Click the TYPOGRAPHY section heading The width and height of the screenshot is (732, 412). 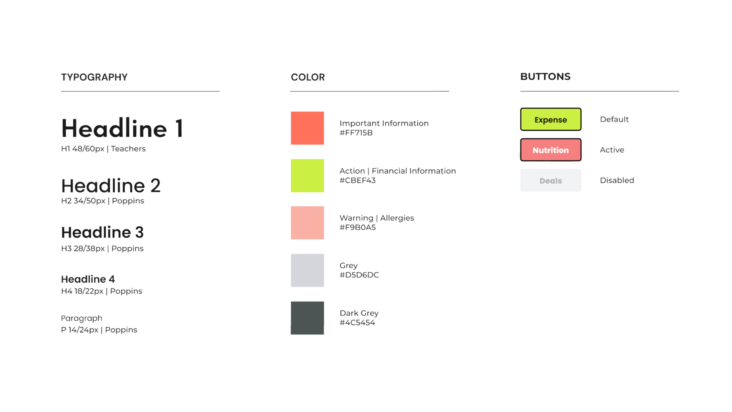[x=94, y=77]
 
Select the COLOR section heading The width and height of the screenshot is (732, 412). [x=307, y=77]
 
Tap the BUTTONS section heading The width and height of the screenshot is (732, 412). [x=545, y=76]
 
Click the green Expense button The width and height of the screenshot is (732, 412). [x=550, y=119]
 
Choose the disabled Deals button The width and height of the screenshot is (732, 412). [x=550, y=180]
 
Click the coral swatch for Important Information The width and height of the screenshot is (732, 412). [x=307, y=128]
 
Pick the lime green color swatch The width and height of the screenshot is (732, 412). [x=307, y=175]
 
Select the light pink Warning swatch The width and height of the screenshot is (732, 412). [x=307, y=223]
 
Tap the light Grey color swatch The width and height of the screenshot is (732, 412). [x=307, y=270]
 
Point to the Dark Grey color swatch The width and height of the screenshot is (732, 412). [x=307, y=318]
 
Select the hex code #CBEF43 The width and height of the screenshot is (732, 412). [x=357, y=180]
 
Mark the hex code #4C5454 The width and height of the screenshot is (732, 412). [x=357, y=322]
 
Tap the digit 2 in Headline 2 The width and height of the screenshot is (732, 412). [x=155, y=186]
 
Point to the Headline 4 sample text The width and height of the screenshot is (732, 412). [x=88, y=279]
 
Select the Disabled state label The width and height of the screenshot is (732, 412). [x=617, y=180]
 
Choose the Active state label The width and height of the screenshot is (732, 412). [x=612, y=150]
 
